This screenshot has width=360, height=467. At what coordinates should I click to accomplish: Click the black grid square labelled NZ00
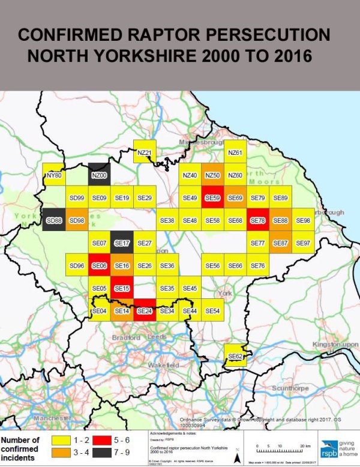click(x=99, y=175)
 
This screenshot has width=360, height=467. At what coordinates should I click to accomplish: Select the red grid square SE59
click(x=212, y=197)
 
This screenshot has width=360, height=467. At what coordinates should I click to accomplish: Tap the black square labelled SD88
click(x=54, y=220)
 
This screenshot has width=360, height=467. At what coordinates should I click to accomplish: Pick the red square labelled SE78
click(x=258, y=220)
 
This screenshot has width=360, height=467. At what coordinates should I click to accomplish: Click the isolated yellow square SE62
click(x=235, y=356)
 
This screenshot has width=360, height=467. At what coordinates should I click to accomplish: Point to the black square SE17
click(x=122, y=243)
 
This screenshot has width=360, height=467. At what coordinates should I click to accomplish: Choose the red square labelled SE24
click(x=145, y=310)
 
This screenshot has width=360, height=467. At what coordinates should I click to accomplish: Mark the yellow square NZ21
click(x=144, y=152)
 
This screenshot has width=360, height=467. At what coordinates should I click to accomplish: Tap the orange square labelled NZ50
click(x=212, y=175)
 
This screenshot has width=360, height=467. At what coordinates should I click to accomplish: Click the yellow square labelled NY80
click(x=54, y=175)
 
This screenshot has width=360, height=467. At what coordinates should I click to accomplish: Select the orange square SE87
click(x=280, y=243)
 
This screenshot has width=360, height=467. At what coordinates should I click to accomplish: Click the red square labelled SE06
click(x=99, y=265)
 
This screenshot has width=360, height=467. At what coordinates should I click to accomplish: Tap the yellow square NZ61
click(x=235, y=152)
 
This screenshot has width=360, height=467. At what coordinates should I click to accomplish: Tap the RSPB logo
click(x=328, y=448)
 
